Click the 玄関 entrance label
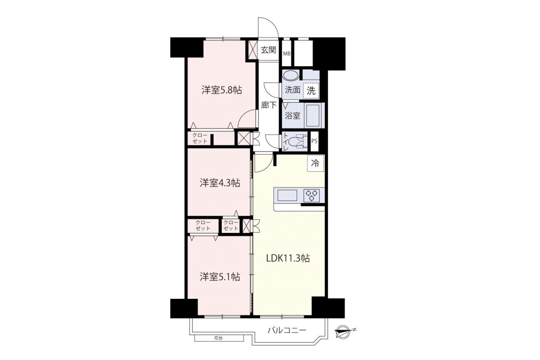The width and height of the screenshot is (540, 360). coord(268,50)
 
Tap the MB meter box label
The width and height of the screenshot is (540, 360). coord(286,54)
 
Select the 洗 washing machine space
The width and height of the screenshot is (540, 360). coord(311,91)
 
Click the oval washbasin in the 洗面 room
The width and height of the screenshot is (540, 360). coord(291,75)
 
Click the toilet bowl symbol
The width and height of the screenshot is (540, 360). coord(298,141)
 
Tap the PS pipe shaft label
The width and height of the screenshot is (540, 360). coord(314,141)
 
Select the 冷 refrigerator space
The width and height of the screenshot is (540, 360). coord(316,163)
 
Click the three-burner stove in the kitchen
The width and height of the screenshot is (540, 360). coord(311,195)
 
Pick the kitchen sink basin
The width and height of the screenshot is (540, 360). coord(287,195)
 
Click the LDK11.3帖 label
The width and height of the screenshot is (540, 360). coord(288,258)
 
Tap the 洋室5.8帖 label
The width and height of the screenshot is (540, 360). coord(222,90)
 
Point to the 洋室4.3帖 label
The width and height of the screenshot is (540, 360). coord(220,183)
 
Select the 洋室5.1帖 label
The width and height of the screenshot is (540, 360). coord(220,277)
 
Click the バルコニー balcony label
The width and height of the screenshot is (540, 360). coord(287,330)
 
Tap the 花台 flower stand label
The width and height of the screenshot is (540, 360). coord(219,338)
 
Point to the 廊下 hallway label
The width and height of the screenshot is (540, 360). coord(269,106)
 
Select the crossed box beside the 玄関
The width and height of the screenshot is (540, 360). coord(253,49)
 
